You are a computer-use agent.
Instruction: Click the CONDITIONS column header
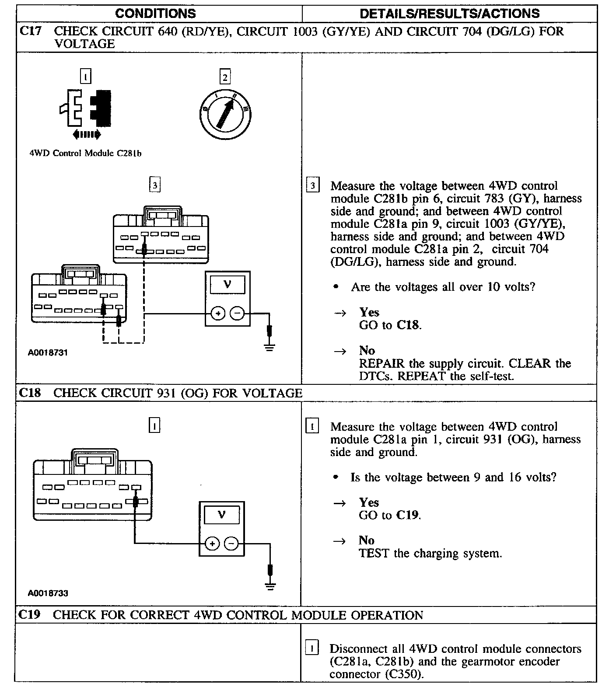pos(155,14)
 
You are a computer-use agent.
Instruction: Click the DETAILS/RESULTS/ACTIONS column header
pos(449,14)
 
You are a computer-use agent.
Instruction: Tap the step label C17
pos(31,31)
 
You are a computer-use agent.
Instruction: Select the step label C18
pos(30,393)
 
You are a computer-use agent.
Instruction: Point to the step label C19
pos(30,615)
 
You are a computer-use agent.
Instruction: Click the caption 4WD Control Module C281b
pos(85,153)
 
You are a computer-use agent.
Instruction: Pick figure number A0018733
pos(48,593)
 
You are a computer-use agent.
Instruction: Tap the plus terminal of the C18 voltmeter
pos(212,544)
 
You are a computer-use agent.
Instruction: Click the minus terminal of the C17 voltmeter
pos(237,314)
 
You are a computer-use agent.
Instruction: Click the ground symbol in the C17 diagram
pos(270,348)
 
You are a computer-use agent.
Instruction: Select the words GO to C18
pos(390,325)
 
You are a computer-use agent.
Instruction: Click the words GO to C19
pos(390,515)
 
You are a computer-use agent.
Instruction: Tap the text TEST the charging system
pos(430,554)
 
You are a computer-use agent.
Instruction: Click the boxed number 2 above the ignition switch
pos(225,78)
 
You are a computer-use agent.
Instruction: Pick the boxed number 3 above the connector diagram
pos(154,185)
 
